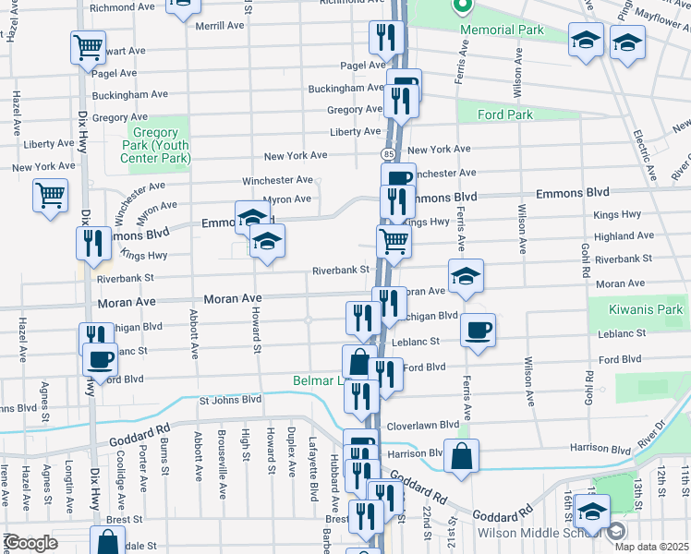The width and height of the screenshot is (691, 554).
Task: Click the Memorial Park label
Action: coord(504,30)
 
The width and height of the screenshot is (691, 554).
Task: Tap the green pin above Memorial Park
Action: coord(464,6)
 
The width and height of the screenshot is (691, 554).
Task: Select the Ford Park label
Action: coord(505,115)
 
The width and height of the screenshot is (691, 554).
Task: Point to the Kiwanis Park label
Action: coord(645,312)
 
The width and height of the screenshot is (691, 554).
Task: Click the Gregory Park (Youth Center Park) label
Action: coord(155,145)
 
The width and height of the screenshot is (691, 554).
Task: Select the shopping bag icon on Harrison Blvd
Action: coord(461,453)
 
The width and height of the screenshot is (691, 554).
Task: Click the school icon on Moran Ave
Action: coord(466,275)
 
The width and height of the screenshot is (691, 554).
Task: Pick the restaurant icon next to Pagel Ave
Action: coord(384,36)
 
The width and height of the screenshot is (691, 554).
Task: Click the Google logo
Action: coord(30,543)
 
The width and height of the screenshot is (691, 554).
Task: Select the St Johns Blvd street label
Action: coord(231,400)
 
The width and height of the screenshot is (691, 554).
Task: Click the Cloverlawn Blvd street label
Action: coord(423,425)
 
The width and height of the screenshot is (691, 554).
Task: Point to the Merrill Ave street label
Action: coord(220,26)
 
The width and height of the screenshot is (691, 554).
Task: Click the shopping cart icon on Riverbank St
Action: coord(394,241)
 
